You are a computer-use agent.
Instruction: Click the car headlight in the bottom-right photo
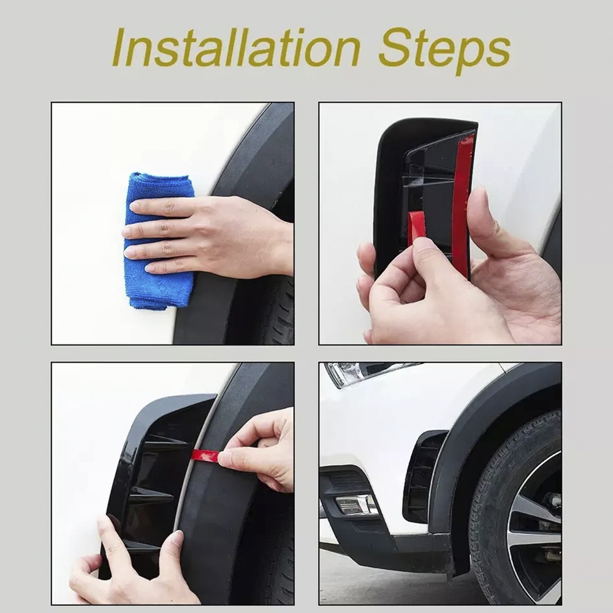click(x=364, y=373)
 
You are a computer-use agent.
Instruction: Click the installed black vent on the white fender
click(x=424, y=477)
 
